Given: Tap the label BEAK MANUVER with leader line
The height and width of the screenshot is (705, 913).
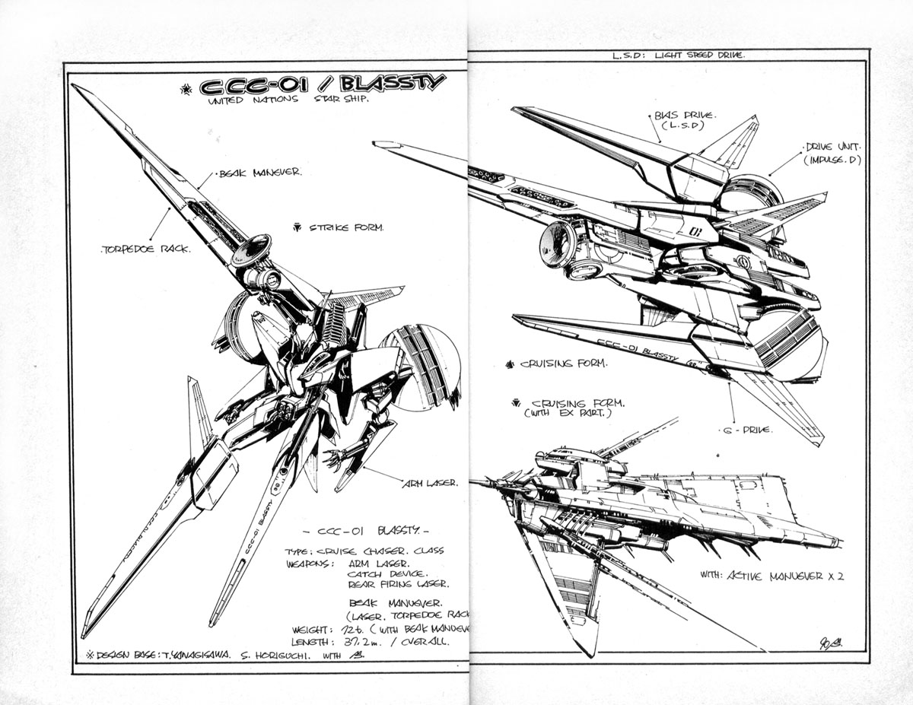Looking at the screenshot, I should click(x=260, y=173).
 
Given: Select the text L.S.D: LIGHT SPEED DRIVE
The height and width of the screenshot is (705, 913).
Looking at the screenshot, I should click(x=678, y=56).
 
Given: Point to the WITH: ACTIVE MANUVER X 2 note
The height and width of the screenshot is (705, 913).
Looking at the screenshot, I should click(x=772, y=576).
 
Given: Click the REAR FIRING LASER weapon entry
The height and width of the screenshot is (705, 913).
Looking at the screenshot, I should click(x=397, y=584).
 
